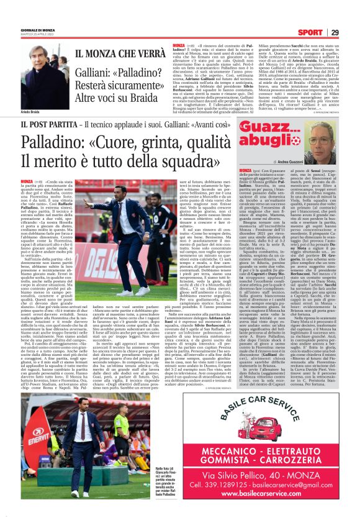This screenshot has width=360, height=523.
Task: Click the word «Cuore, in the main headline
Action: coord(137,143)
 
